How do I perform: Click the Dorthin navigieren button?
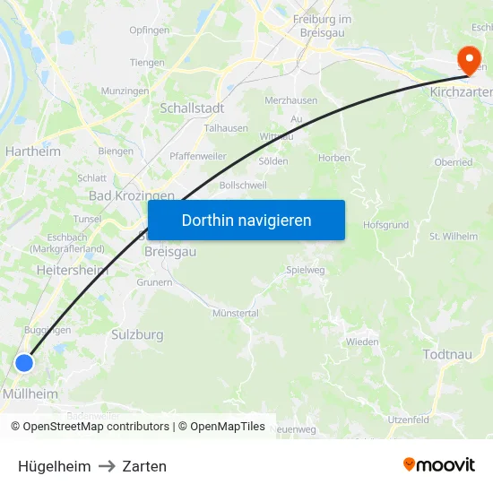[x=246, y=220]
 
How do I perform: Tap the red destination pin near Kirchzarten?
[x=468, y=58]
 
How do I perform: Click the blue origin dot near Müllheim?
[x=24, y=363]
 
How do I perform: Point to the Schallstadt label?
[x=192, y=108]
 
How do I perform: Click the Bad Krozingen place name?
[x=132, y=195]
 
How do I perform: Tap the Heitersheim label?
[x=72, y=269]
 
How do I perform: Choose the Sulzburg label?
[x=137, y=334]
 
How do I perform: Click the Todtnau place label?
[x=446, y=355]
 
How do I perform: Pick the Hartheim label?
[x=33, y=151]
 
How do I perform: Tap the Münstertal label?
[x=235, y=313]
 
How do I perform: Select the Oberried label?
[x=453, y=162]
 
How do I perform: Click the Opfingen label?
[x=149, y=30]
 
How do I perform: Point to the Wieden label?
[x=362, y=342]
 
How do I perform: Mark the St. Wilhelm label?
[x=453, y=237]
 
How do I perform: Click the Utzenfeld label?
[x=408, y=419]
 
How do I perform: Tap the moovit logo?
[x=439, y=464]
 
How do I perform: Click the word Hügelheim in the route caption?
[x=54, y=466]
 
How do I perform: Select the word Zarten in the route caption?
[x=144, y=466]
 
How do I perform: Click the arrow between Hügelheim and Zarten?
[x=106, y=466]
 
